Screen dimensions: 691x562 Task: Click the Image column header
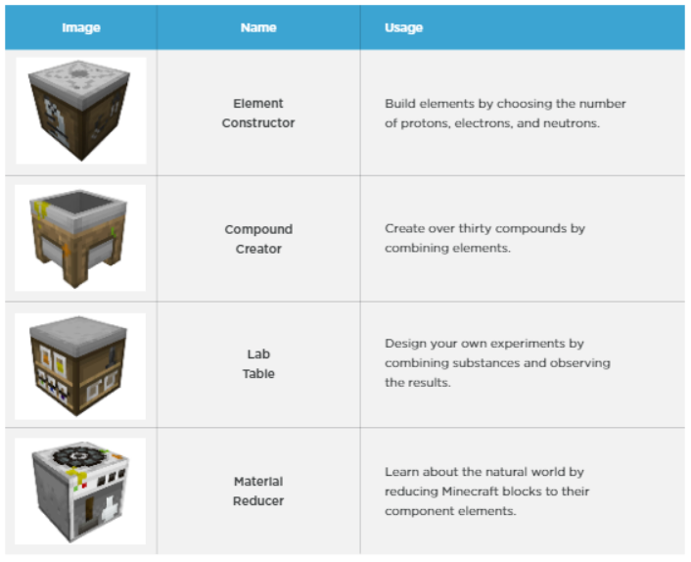tap(81, 27)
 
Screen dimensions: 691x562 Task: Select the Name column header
tap(258, 27)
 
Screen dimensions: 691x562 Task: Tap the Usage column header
tap(403, 27)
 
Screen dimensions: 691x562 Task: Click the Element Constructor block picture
tap(80, 111)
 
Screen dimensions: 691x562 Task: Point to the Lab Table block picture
tap(78, 366)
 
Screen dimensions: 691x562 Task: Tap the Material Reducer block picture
tap(79, 492)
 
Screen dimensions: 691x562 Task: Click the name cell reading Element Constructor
tap(258, 113)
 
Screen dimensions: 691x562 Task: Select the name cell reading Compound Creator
tap(258, 239)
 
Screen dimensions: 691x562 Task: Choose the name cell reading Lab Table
tap(258, 363)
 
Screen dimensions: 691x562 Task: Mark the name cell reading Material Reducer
tap(258, 492)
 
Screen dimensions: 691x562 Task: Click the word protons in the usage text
tap(425, 124)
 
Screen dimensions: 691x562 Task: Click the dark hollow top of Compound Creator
tap(78, 203)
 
